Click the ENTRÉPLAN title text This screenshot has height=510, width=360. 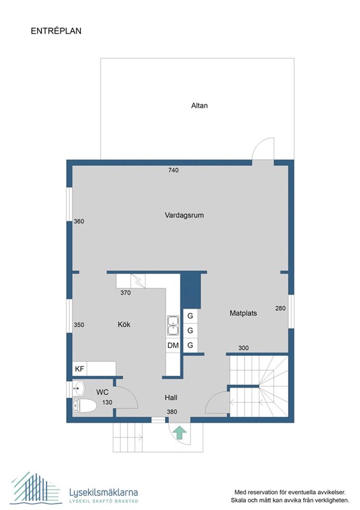[x=56, y=30]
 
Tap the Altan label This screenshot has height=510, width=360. [x=199, y=105]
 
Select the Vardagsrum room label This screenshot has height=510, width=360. [x=184, y=215]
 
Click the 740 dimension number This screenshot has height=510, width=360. [x=173, y=170]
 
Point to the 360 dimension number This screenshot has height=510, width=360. [x=79, y=221]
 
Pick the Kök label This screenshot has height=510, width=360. [x=124, y=324]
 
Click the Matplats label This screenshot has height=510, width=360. [x=243, y=313]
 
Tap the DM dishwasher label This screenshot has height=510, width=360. [x=173, y=346]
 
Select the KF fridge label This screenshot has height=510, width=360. [x=80, y=369]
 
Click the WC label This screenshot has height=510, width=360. [x=102, y=391]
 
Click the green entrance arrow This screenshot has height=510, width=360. [x=180, y=433]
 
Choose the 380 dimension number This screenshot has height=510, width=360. [x=172, y=412]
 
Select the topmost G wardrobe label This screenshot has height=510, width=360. [x=190, y=316]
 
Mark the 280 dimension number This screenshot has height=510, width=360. [x=280, y=308]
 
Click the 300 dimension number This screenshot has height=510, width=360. [x=243, y=348]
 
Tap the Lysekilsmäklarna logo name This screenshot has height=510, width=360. [x=103, y=492]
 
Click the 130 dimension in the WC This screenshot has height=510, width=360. [x=108, y=402]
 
